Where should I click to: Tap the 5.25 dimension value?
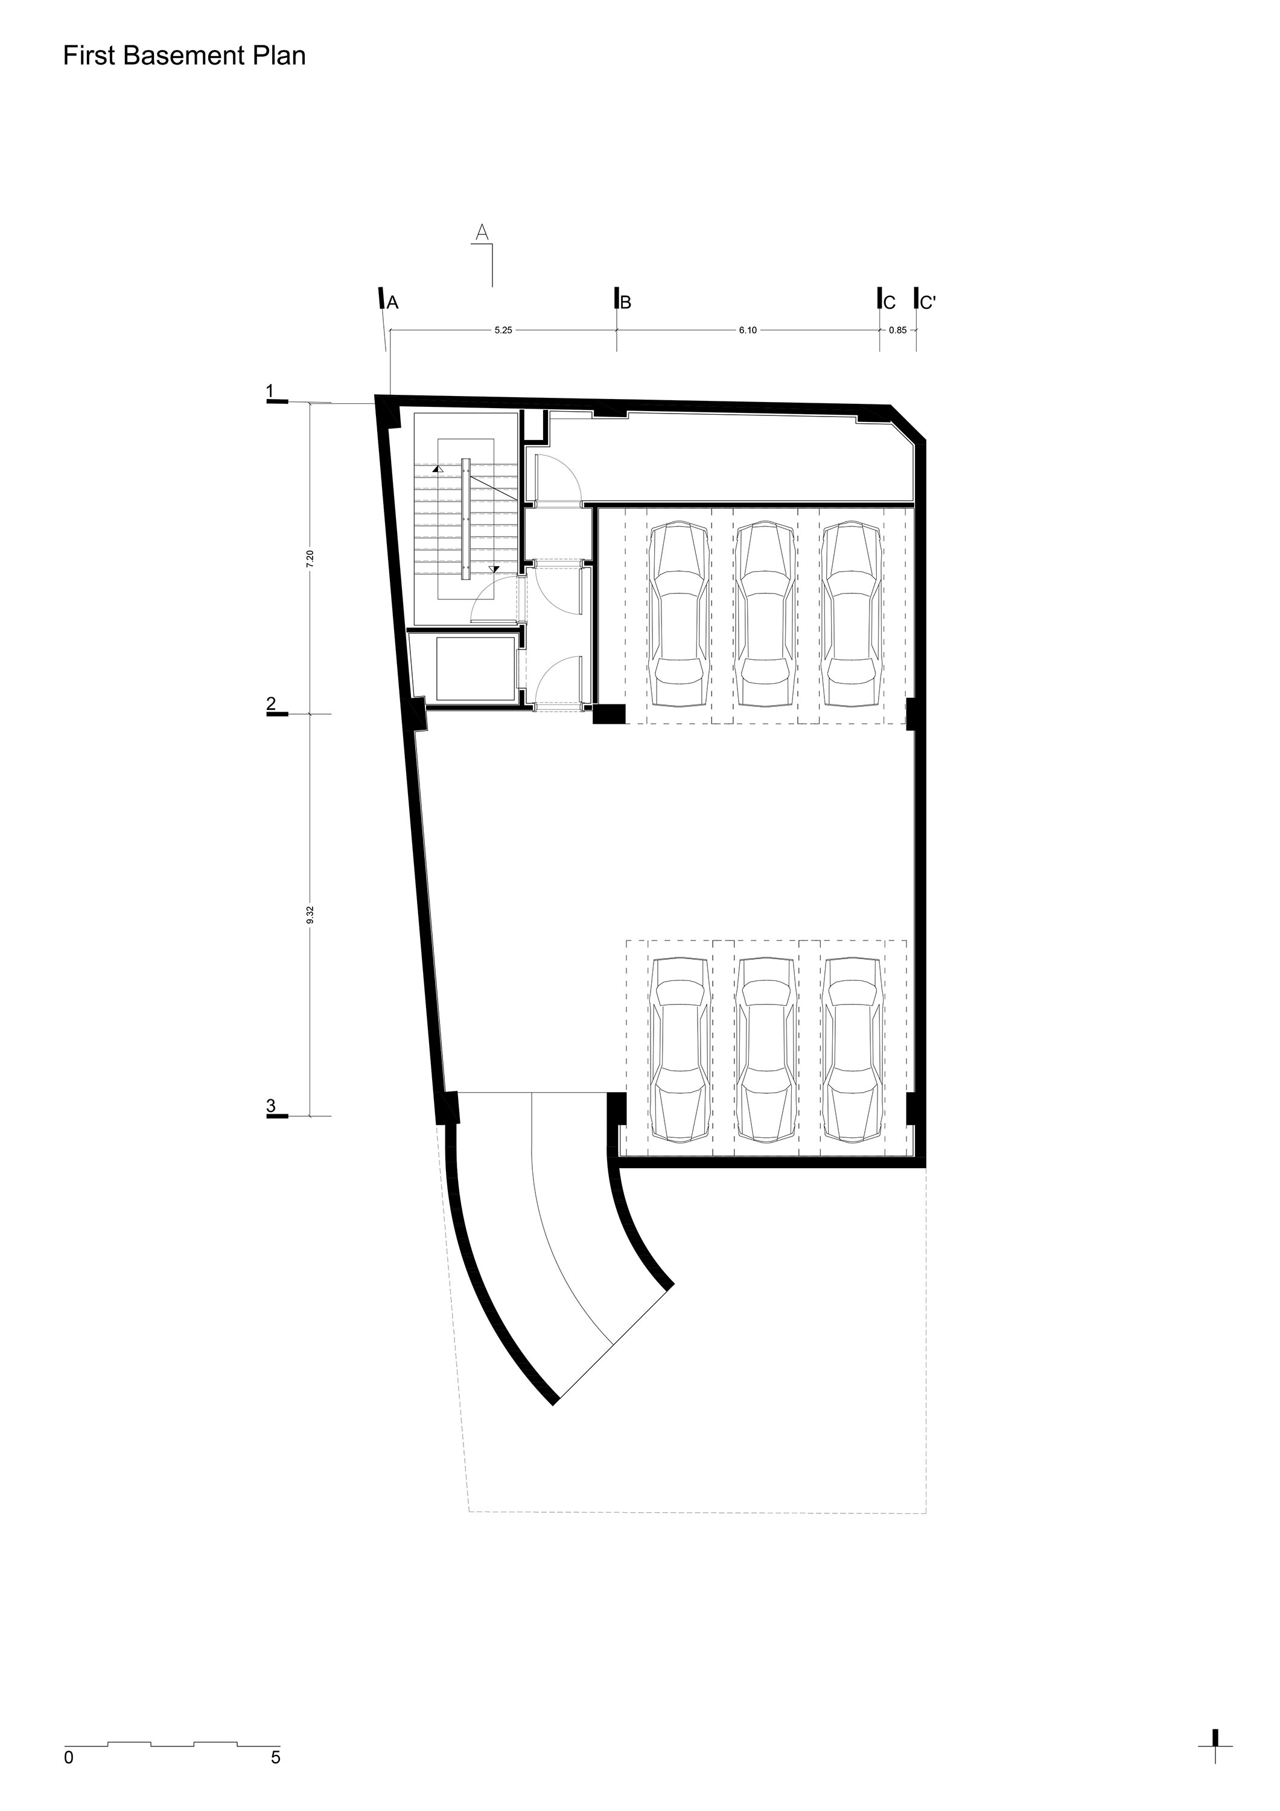(503, 330)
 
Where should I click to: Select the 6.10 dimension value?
(748, 330)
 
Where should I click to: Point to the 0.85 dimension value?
(897, 330)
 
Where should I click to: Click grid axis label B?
(626, 302)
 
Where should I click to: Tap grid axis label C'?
(928, 302)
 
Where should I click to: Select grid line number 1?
(270, 391)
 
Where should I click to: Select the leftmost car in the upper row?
(678, 614)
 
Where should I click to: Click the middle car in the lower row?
(765, 1049)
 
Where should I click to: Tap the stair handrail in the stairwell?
(466, 518)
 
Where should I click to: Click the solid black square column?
(609, 714)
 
